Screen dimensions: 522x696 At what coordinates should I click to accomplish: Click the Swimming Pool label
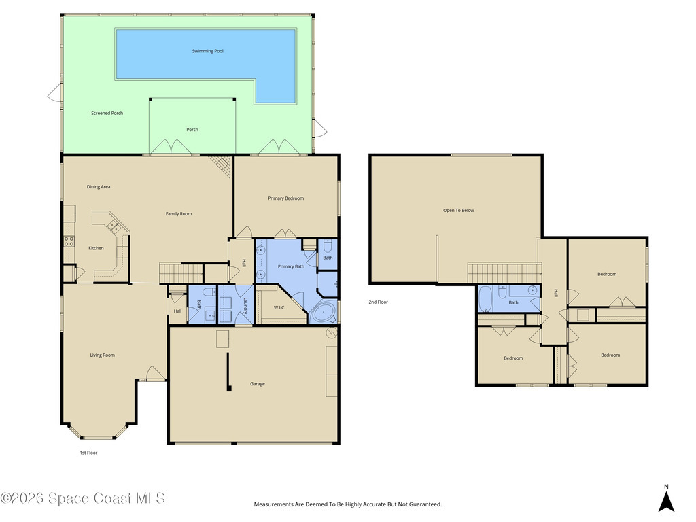pyautogui.click(x=207, y=51)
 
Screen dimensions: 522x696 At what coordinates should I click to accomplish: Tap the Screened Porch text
pyautogui.click(x=107, y=113)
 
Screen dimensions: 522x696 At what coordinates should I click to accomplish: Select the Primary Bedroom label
pyautogui.click(x=285, y=198)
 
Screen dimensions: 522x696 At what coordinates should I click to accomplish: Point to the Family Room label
pyautogui.click(x=179, y=214)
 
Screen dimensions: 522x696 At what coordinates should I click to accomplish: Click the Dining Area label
pyautogui.click(x=99, y=187)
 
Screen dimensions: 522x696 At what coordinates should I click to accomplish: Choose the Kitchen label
pyautogui.click(x=96, y=248)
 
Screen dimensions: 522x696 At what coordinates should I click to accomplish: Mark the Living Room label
pyautogui.click(x=103, y=355)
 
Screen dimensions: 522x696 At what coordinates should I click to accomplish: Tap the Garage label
pyautogui.click(x=257, y=384)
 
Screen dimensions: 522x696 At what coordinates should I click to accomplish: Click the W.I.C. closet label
pyautogui.click(x=279, y=307)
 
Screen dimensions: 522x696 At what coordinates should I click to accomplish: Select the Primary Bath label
pyautogui.click(x=290, y=266)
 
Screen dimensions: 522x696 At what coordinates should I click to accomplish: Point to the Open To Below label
pyautogui.click(x=458, y=210)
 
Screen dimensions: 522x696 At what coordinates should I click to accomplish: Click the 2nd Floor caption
pyautogui.click(x=378, y=302)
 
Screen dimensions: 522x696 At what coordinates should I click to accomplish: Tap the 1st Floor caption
pyautogui.click(x=88, y=452)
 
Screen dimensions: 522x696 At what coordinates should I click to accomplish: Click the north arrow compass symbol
pyautogui.click(x=666, y=501)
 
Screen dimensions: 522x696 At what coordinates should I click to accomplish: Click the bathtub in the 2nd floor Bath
pyautogui.click(x=486, y=298)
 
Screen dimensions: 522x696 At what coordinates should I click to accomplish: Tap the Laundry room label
pyautogui.click(x=244, y=304)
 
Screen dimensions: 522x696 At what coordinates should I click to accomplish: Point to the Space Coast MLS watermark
pyautogui.click(x=82, y=498)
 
